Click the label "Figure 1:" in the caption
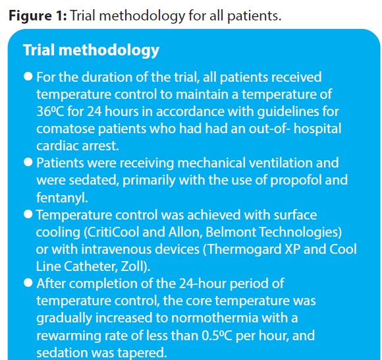[x=37, y=15]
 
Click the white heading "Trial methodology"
[x=91, y=50]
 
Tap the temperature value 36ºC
[x=51, y=111]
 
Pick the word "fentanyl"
[x=59, y=197]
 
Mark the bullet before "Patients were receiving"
[x=28, y=162]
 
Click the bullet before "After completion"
[x=28, y=283]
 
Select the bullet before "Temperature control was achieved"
[x=28, y=214]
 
